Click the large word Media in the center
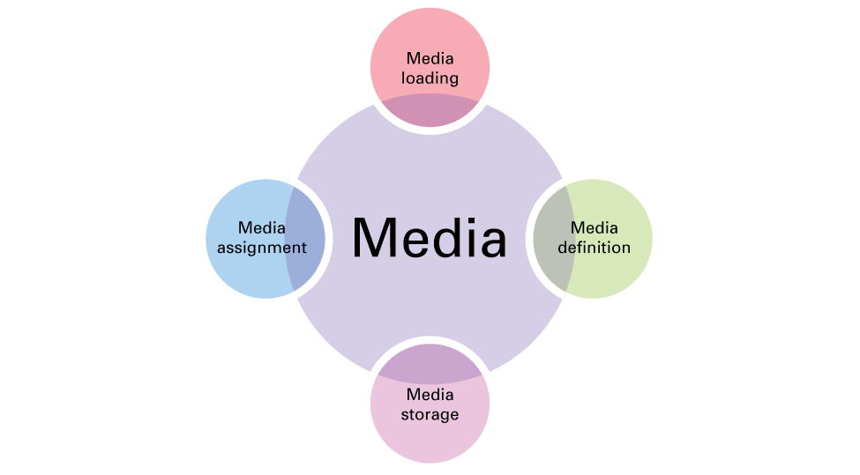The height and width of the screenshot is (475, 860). tap(429, 237)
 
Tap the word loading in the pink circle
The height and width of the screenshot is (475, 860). tap(430, 78)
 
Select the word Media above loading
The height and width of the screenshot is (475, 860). tap(430, 58)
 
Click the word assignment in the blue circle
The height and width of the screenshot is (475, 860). tap(262, 248)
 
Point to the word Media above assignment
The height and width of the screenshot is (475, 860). tap(262, 227)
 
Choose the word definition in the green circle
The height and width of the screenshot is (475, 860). tap(594, 247)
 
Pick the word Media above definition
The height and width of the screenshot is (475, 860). tap(594, 227)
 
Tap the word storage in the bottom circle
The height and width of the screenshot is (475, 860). tap(430, 415)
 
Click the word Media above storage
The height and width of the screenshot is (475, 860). tap(430, 395)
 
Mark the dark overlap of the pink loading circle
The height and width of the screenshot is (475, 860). tap(430, 109)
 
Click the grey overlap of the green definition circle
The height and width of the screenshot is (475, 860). tap(553, 239)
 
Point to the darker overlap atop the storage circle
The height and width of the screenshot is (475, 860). tap(430, 364)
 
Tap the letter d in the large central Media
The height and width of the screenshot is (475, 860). tap(447, 237)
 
